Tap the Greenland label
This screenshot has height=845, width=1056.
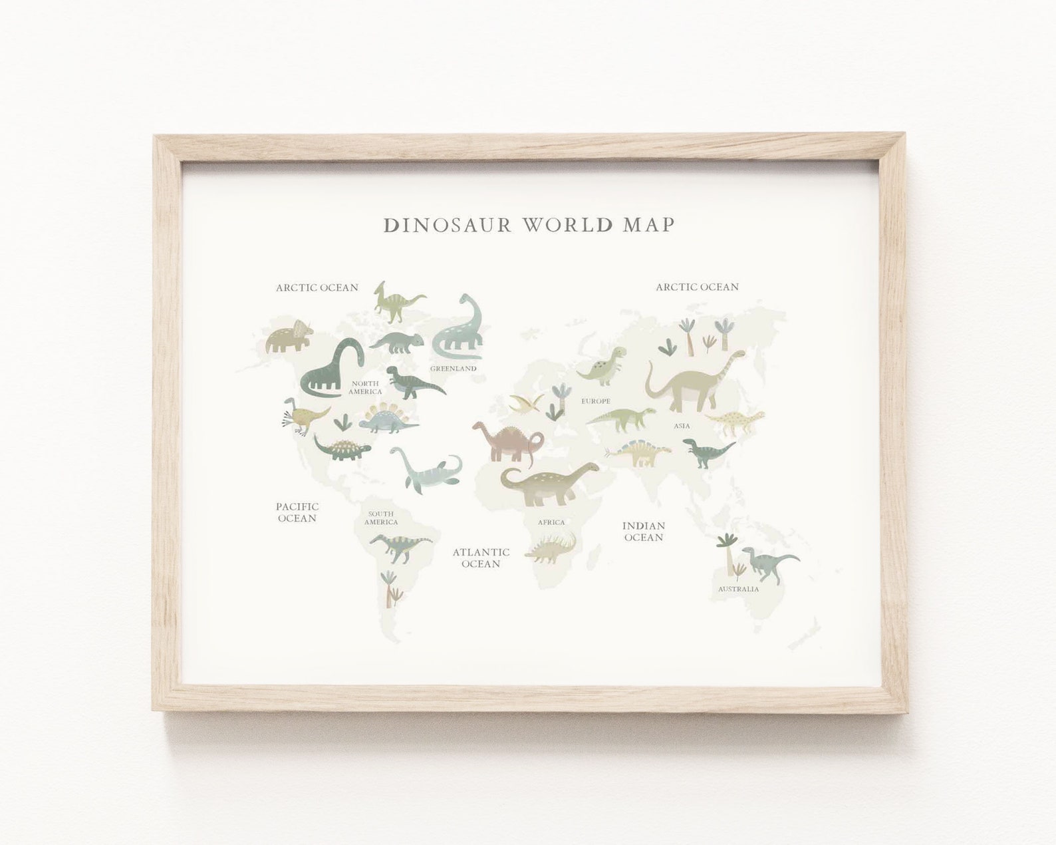(x=453, y=369)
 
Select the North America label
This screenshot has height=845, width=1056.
(x=365, y=387)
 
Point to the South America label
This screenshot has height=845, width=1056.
(x=381, y=518)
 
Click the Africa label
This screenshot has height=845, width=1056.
(x=551, y=522)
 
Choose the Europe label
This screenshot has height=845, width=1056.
(x=595, y=401)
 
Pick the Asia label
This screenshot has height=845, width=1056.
(x=682, y=426)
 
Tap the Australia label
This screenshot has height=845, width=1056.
(x=738, y=589)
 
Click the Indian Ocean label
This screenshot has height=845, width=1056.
(x=643, y=531)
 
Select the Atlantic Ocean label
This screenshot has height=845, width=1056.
(x=481, y=558)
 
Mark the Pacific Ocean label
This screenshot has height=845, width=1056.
(x=297, y=512)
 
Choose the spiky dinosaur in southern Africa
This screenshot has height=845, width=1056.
(x=550, y=550)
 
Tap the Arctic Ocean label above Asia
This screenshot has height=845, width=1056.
(x=697, y=287)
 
